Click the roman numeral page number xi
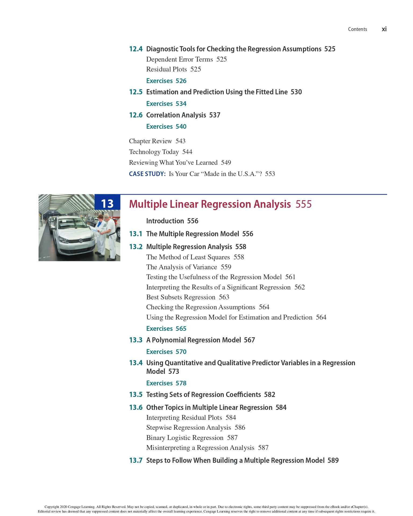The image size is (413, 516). point(384,29)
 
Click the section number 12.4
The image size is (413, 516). point(136,49)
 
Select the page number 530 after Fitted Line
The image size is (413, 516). point(296,92)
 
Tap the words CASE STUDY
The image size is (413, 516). point(147,174)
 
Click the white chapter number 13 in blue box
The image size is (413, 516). point(107,203)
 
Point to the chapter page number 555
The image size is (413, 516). point(303,204)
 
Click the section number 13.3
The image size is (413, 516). point(136,340)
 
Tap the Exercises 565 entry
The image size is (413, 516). point(166,328)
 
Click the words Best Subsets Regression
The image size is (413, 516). point(181,297)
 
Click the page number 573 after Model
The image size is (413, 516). point(173,371)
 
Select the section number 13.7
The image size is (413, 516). point(136,460)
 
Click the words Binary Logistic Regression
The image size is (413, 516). point(185,438)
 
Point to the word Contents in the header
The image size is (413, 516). point(357,29)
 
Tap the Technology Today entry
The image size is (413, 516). point(154,152)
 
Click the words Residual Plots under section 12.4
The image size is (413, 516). point(166,69)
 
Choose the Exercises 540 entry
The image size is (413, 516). point(166,126)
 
